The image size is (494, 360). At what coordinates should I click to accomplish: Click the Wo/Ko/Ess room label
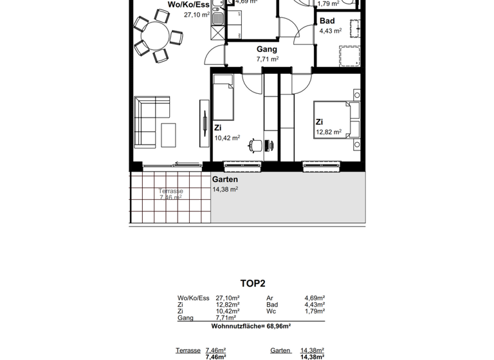pyautogui.click(x=188, y=4)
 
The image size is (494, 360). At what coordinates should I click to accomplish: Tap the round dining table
pyautogui.click(x=155, y=37)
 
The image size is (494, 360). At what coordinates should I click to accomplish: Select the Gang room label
pyautogui.click(x=267, y=50)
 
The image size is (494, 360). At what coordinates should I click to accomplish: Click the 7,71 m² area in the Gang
pyautogui.click(x=267, y=59)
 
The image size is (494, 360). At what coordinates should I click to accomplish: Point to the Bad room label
pyautogui.click(x=327, y=21)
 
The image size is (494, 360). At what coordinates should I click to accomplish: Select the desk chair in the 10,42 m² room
pyautogui.click(x=255, y=146)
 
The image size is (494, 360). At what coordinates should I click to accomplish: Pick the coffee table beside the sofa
pyautogui.click(x=169, y=136)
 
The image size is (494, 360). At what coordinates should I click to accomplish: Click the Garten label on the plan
pyautogui.click(x=225, y=180)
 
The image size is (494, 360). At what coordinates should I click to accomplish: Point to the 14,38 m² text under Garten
pyautogui.click(x=225, y=190)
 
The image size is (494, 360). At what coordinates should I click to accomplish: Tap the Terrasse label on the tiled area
pyautogui.click(x=171, y=192)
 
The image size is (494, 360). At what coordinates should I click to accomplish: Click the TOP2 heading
pyautogui.click(x=253, y=283)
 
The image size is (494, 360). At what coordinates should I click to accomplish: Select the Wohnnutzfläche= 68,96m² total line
pyautogui.click(x=251, y=327)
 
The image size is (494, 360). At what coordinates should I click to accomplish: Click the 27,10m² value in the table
pyautogui.click(x=228, y=298)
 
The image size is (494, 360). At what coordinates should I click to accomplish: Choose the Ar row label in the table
pyautogui.click(x=270, y=298)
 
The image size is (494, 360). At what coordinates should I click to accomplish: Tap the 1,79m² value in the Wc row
pyautogui.click(x=314, y=312)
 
